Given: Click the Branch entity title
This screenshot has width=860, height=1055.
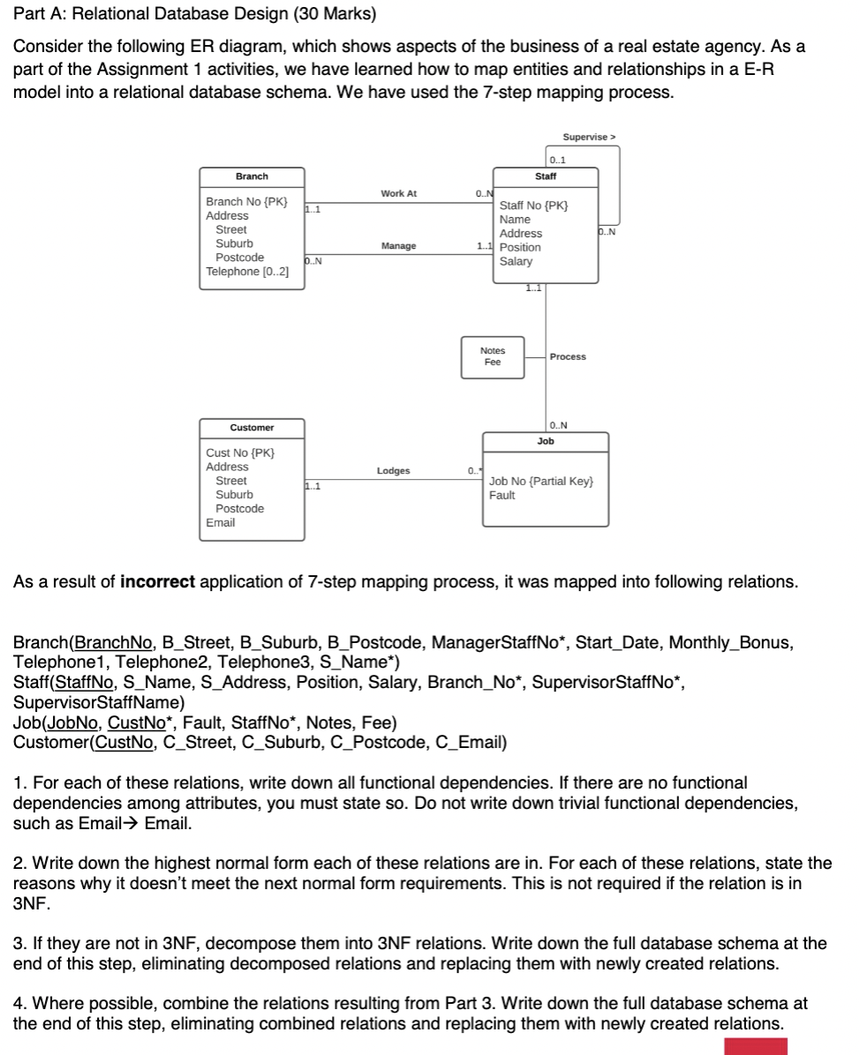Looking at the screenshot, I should tap(252, 176).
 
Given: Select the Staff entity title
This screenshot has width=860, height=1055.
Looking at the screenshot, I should tap(546, 176).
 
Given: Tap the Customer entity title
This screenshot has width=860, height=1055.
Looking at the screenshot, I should tap(252, 428).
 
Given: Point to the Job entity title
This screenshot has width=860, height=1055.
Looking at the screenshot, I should tap(546, 440).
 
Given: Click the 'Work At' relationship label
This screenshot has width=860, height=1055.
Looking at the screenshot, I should tap(398, 193).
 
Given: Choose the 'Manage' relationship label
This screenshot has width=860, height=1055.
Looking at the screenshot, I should tap(398, 246).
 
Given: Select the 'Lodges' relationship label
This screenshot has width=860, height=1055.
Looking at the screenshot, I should tap(393, 471).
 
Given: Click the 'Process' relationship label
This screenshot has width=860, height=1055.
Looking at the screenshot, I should tap(568, 356).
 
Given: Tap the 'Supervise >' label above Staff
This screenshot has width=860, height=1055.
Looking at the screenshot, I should tap(589, 137).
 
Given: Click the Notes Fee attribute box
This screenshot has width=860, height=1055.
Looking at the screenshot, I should tap(493, 356).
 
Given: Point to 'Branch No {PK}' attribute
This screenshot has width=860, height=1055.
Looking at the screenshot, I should tap(246, 202).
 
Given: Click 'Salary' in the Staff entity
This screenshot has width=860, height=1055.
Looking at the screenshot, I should tap(516, 261).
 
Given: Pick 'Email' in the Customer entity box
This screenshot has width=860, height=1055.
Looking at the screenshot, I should tap(221, 523).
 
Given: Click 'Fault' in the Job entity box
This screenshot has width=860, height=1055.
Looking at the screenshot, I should tap(502, 496).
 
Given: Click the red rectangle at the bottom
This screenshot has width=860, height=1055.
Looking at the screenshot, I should tap(755, 1046).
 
